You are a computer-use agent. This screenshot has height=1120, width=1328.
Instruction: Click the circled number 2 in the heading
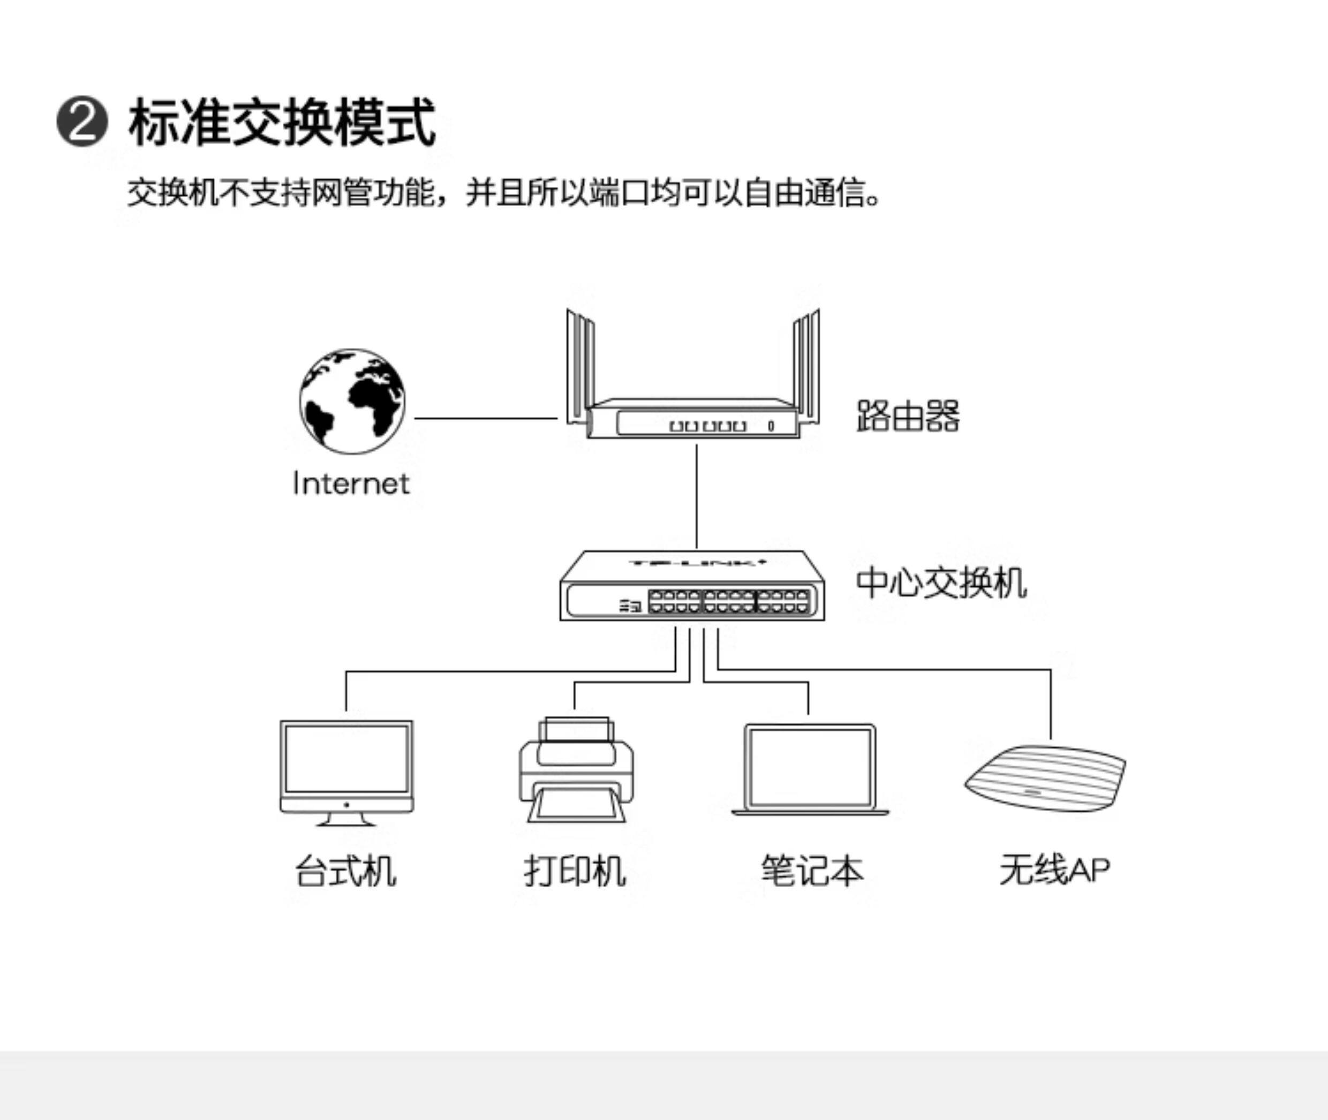click(82, 122)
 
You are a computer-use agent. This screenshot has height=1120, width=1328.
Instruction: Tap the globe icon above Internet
click(352, 400)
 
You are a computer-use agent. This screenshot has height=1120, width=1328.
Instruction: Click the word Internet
click(351, 484)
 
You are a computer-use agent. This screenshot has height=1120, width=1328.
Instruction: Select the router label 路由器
click(908, 417)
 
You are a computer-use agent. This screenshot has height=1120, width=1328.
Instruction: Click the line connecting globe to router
click(486, 419)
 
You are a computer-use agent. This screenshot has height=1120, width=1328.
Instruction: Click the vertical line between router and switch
click(697, 495)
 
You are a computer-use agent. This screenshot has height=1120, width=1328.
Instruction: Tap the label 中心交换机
click(941, 583)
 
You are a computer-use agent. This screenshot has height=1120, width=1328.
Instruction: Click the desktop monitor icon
click(346, 771)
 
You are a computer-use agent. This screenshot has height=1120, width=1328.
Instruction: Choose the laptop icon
click(810, 769)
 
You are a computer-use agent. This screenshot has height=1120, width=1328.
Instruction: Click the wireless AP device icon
click(1045, 777)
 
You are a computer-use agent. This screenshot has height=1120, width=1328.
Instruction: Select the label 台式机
click(345, 871)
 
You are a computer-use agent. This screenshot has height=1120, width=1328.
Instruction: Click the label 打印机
click(575, 871)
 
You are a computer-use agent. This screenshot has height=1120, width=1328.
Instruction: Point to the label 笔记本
click(812, 871)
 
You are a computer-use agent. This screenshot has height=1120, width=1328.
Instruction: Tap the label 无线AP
click(1054, 871)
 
